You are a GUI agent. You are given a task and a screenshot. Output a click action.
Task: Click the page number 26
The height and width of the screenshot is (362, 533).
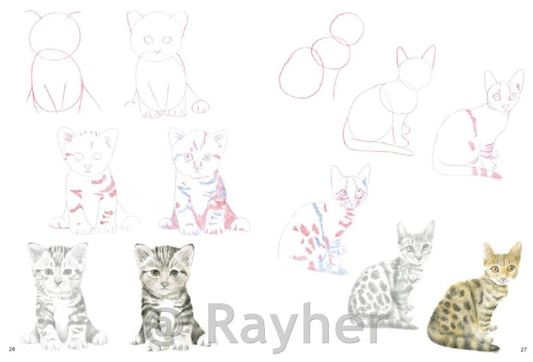pyautogui.click(x=12, y=349)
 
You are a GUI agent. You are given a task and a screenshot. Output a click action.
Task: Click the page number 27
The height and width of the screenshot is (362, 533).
pyautogui.click(x=523, y=349)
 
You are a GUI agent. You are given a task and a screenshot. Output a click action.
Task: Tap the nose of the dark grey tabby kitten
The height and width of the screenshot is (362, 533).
pyautogui.click(x=164, y=284)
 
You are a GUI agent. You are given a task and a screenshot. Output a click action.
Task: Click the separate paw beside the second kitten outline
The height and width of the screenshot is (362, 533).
pyautogui.click(x=200, y=106)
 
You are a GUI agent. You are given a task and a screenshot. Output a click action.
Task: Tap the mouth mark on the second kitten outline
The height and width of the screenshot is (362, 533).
pyautogui.click(x=157, y=53)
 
